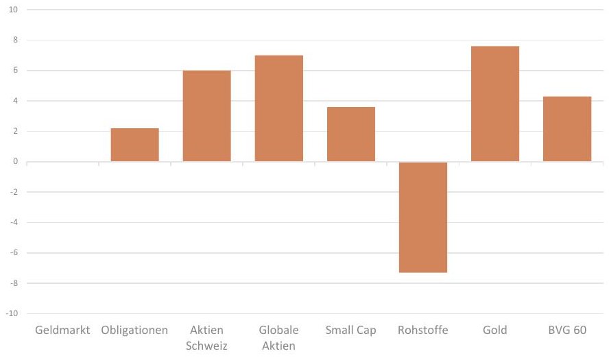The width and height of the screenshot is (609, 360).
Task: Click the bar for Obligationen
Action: tap(135, 145)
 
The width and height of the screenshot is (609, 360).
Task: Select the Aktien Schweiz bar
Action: tap(206, 116)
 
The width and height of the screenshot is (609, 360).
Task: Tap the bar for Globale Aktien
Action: tap(279, 108)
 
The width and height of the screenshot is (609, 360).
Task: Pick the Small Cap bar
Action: tap(351, 134)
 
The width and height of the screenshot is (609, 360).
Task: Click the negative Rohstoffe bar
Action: tap(423, 217)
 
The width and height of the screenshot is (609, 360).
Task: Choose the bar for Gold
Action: tap(495, 104)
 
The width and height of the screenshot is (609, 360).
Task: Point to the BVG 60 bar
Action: tap(567, 129)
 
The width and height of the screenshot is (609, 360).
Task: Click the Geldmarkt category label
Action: tap(62, 330)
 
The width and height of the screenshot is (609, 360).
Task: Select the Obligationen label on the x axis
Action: tap(135, 331)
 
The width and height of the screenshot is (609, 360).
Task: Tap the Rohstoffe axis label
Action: tap(423, 330)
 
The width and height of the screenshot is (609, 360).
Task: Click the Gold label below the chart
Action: tap(495, 330)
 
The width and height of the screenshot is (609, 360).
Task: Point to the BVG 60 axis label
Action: tap(567, 330)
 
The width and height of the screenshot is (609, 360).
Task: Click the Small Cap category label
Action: tap(351, 331)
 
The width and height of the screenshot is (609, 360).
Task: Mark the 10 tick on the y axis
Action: tap(13, 10)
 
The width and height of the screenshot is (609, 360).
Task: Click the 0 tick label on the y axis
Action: tap(16, 162)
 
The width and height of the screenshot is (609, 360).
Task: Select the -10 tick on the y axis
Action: tap(12, 313)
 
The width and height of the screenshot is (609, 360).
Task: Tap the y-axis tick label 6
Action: tap(16, 71)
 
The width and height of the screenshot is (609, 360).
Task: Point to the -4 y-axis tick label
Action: tap(14, 223)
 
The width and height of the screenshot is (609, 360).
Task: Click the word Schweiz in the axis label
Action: tap(206, 346)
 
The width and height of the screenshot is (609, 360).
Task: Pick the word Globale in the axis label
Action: tap(279, 330)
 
